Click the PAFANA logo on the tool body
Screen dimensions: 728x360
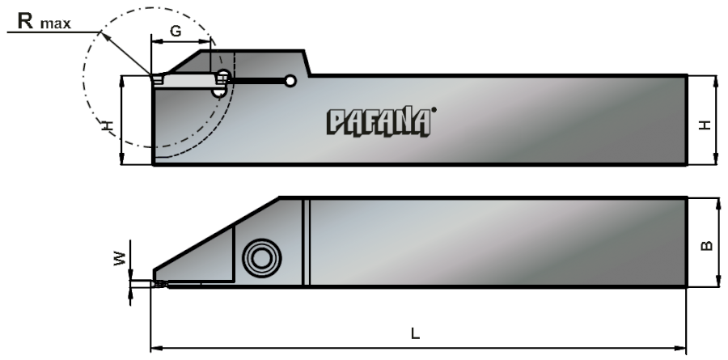(379, 123)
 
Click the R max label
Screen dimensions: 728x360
(44, 21)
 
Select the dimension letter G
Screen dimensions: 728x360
(176, 31)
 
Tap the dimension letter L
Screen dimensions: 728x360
(415, 333)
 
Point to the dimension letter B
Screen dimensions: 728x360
(706, 245)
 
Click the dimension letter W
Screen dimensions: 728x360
(120, 258)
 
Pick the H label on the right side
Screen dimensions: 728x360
(705, 125)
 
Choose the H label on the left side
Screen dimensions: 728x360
(108, 125)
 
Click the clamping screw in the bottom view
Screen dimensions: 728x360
(262, 258)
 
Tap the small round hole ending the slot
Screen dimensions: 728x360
(290, 81)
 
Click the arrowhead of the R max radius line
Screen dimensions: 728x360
(105, 36)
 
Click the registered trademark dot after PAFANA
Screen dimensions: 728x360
(434, 110)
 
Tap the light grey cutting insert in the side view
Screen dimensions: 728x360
(188, 80)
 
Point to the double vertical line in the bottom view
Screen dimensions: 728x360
(306, 242)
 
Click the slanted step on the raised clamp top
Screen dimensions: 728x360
(307, 63)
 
